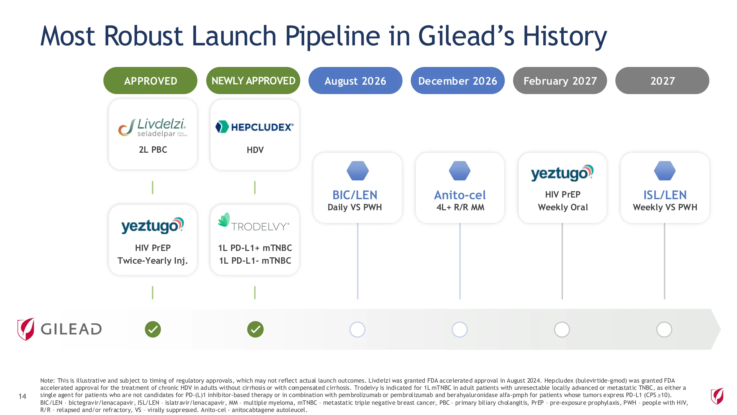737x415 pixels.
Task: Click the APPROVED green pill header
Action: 150,81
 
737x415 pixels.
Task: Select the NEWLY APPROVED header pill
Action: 253,81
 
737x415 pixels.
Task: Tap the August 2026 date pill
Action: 355,81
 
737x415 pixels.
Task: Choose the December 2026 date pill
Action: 458,81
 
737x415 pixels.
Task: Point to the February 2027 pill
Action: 560,81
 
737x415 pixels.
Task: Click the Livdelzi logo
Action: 153,128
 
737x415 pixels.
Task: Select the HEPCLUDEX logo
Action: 255,127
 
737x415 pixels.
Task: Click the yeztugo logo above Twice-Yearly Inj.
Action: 153,225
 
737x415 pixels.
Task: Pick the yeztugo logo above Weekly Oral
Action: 562,173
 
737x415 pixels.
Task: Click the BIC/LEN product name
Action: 355,195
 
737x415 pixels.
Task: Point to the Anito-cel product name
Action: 460,195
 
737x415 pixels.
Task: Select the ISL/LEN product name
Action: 665,195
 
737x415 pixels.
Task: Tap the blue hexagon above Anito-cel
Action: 460,171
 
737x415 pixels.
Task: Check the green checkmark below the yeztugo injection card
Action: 153,329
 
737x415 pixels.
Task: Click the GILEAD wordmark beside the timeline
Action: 71,329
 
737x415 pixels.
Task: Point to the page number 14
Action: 22,396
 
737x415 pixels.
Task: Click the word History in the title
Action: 565,36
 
